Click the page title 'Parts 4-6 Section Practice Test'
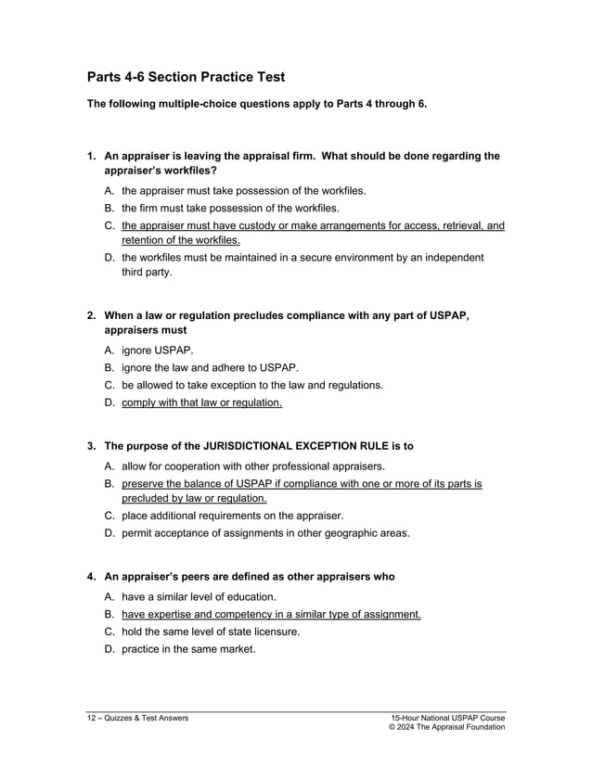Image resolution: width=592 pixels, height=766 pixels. point(186,77)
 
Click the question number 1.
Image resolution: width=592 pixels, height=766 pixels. point(92,157)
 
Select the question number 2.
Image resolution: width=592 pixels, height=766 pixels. point(92,316)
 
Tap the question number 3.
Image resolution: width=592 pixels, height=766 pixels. point(92,446)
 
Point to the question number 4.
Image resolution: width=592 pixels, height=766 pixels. point(92,577)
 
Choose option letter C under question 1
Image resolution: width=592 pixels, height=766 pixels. point(109,225)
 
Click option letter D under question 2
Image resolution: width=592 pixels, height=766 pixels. point(109,402)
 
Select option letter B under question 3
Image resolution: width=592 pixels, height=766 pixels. point(109,483)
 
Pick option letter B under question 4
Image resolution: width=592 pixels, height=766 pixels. point(109,614)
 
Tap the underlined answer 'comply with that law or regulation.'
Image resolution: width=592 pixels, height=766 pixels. point(201,402)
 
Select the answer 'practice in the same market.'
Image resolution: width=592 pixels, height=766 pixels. point(188,648)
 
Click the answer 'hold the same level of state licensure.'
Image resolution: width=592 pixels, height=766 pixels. point(211,632)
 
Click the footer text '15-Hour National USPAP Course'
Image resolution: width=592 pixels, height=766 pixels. point(447,718)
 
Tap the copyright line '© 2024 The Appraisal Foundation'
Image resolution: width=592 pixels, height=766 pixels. point(447,728)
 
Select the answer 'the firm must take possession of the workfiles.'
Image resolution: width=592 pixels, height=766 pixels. point(230,208)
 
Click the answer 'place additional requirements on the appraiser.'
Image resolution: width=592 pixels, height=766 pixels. point(233,516)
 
